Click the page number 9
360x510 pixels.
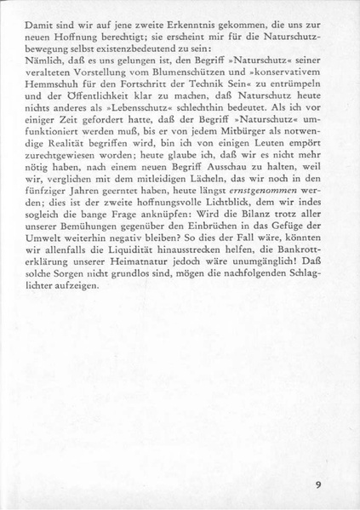point(317,485)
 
